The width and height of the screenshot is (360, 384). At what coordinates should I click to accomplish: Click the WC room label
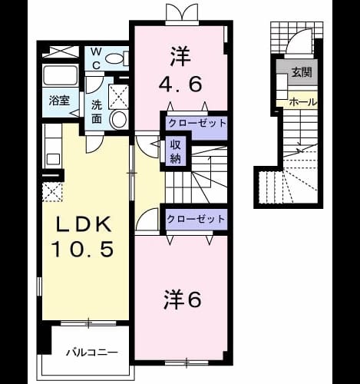click(x=96, y=59)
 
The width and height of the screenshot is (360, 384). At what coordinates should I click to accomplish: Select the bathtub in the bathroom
click(x=61, y=75)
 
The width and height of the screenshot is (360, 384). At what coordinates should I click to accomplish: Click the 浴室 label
click(x=59, y=101)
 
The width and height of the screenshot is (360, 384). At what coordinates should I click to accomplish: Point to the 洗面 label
click(x=97, y=111)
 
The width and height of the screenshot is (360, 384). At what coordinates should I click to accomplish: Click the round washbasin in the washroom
click(x=118, y=119)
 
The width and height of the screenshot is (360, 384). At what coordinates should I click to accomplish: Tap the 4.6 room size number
click(x=180, y=84)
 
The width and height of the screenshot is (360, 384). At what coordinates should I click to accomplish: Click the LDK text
click(x=84, y=223)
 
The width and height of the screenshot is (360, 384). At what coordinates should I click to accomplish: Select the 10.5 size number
click(x=83, y=249)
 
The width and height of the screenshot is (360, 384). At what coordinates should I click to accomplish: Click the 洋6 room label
click(x=183, y=299)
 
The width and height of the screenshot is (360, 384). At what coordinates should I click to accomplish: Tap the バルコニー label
click(x=92, y=353)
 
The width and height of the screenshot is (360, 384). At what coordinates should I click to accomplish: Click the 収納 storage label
click(x=176, y=152)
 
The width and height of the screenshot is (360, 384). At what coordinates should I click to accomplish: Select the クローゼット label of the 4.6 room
click(x=197, y=124)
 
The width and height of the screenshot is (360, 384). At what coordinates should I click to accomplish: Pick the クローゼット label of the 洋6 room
click(x=196, y=219)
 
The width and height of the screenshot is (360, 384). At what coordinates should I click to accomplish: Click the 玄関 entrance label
click(x=302, y=72)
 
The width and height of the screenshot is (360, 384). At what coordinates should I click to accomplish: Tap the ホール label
click(x=303, y=102)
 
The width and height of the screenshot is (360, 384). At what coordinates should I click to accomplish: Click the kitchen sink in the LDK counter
click(x=53, y=160)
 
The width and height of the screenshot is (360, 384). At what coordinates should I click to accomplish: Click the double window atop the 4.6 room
click(x=182, y=14)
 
